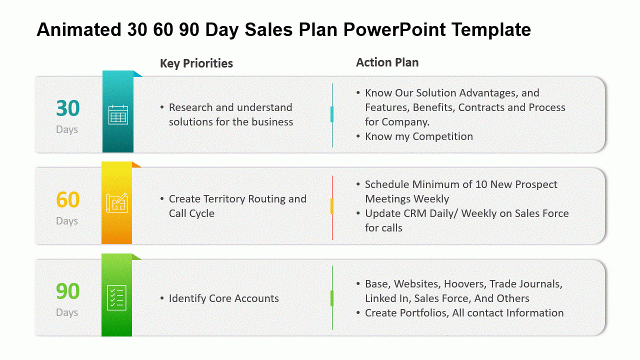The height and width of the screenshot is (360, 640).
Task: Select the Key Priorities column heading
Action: point(196,63)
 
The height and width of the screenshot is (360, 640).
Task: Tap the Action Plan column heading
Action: point(387,62)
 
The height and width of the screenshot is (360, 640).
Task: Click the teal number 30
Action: point(67,108)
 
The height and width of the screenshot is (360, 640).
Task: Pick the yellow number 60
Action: point(67,200)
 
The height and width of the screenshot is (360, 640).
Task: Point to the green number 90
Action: point(67,291)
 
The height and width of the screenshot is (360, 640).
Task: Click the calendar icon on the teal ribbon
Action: point(118,114)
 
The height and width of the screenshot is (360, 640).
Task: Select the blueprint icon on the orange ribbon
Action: point(116,203)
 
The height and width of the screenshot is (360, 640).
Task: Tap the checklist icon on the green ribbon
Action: point(116,297)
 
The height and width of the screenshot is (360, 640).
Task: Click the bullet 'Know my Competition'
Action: point(418,136)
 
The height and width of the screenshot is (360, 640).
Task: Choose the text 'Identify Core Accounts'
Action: point(223,298)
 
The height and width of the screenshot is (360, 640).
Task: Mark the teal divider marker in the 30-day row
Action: point(332,114)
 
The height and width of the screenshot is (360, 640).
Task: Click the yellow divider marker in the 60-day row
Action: point(332,206)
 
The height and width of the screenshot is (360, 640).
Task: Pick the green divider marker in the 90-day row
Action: point(332,298)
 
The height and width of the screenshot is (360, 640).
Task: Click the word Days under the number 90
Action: point(67,312)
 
